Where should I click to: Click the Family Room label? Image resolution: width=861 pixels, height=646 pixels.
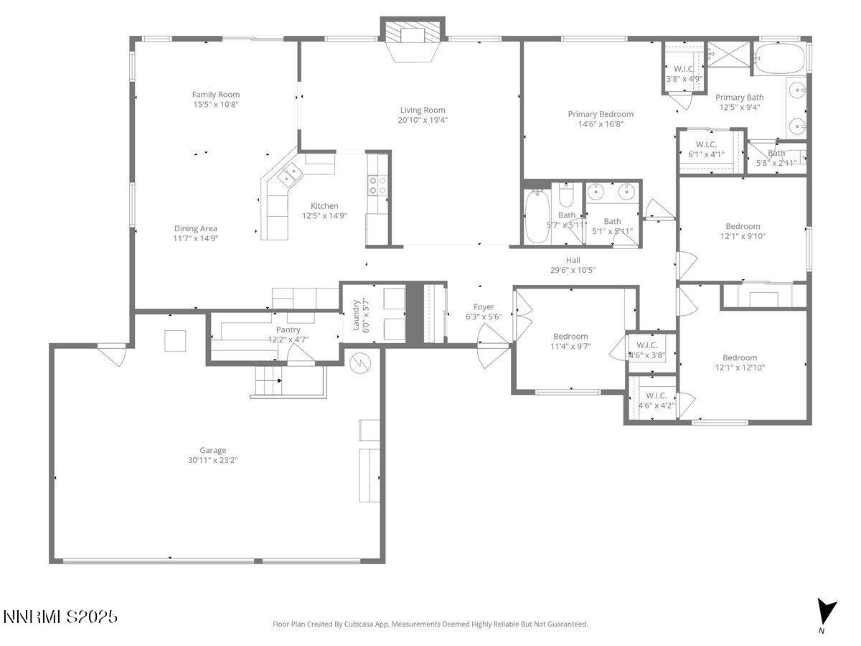click(215, 95)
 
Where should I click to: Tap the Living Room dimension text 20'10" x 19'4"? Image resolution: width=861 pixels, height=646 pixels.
click(423, 120)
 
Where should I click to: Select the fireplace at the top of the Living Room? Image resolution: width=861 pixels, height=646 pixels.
click(413, 36)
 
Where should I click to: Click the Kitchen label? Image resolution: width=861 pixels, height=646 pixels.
click(324, 206)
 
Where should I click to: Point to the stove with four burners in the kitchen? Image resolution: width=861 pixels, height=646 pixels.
click(377, 185)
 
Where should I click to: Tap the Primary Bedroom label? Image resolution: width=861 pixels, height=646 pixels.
click(601, 114)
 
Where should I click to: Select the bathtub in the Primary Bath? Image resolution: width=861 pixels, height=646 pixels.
click(780, 59)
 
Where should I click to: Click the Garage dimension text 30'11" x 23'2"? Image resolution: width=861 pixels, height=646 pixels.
click(213, 460)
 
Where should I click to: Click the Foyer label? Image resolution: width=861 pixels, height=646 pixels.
click(484, 307)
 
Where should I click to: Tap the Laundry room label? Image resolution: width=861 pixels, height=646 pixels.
click(356, 314)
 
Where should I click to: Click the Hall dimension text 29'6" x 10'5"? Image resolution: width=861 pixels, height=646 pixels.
click(573, 270)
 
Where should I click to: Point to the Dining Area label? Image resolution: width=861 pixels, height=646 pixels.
click(195, 229)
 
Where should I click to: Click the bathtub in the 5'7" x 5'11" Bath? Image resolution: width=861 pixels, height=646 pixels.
click(537, 217)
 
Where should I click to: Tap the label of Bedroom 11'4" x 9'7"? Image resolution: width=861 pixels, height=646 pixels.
click(570, 336)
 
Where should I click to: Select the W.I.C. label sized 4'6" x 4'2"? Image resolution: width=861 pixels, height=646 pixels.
click(656, 395)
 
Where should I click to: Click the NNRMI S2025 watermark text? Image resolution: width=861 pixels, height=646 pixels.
click(60, 617)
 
